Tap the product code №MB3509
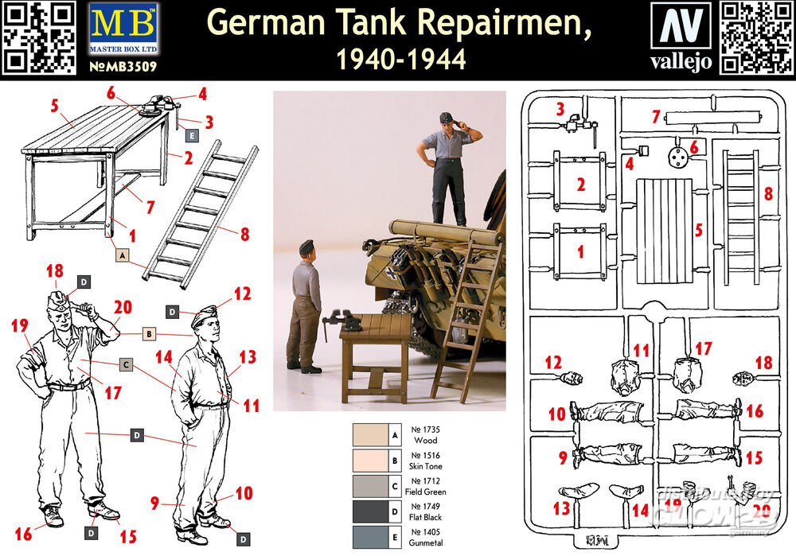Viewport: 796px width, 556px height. pos(123,68)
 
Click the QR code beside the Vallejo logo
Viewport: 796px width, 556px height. pos(755,38)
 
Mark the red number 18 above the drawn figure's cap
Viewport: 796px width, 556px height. pos(55,272)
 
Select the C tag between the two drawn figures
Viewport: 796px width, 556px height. pos(125,365)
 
